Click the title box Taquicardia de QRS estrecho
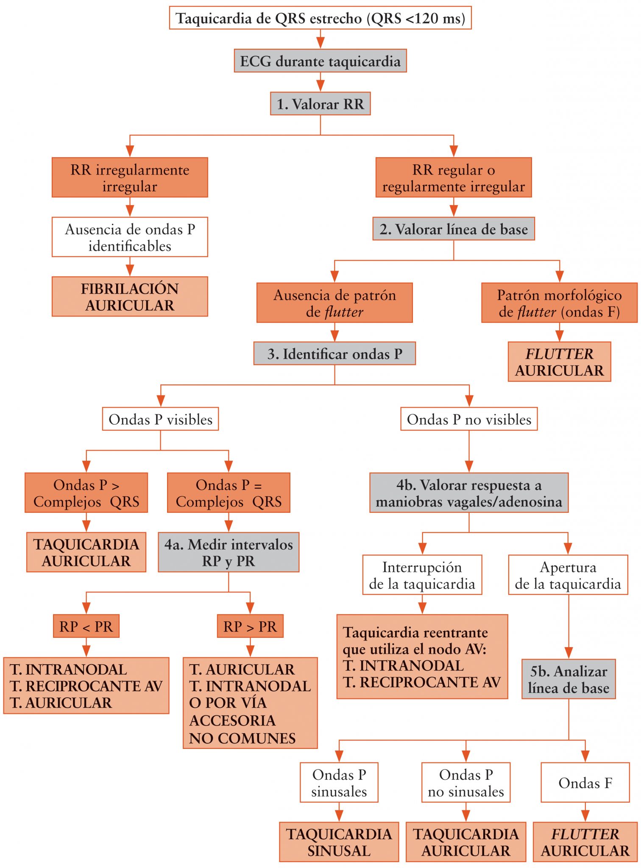(x=320, y=18)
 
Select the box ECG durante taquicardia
(x=320, y=61)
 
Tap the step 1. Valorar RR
(x=320, y=104)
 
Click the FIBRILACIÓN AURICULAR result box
(x=130, y=297)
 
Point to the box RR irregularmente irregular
(x=130, y=178)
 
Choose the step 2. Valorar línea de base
(x=453, y=229)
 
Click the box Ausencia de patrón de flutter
(x=334, y=303)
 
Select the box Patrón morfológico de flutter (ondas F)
(x=559, y=303)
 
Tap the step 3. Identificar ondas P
(x=334, y=354)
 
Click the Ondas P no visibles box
(x=469, y=419)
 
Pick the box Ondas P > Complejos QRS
(x=86, y=493)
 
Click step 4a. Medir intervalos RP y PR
(x=229, y=552)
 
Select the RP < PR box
(x=86, y=626)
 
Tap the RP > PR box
(x=250, y=626)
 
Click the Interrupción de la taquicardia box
(x=422, y=575)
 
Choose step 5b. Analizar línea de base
(x=569, y=679)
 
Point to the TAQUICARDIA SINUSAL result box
(x=339, y=842)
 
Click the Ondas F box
(x=585, y=783)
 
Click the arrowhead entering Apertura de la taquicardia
(x=568, y=548)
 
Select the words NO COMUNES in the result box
(x=242, y=738)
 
